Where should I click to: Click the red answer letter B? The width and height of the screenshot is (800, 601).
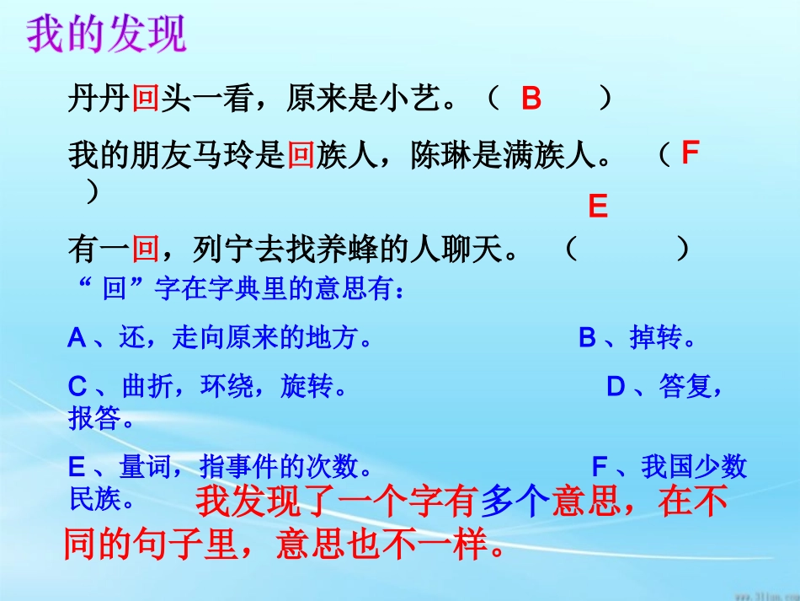[531, 100]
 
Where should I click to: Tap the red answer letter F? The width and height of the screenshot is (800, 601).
[691, 154]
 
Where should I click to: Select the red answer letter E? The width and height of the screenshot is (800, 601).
[598, 207]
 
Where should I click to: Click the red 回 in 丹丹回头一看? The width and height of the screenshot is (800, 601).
[146, 100]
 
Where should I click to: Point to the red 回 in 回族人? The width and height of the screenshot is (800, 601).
[301, 156]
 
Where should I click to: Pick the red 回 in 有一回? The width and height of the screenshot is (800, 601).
[146, 249]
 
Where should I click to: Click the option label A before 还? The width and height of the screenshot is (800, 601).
[77, 339]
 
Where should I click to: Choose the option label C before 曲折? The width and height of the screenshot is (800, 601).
[77, 388]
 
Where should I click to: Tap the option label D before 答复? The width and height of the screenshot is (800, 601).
[616, 388]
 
